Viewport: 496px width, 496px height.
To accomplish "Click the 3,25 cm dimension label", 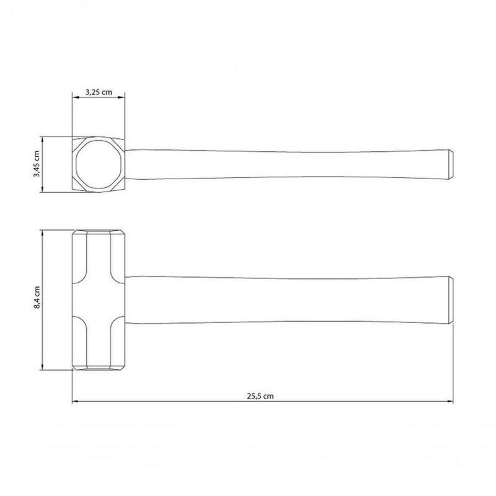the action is point(99,92).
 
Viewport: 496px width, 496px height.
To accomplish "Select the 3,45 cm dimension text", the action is point(37,164).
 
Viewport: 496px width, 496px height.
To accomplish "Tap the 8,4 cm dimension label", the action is point(37,298).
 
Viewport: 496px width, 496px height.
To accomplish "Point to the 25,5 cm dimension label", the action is point(260,396).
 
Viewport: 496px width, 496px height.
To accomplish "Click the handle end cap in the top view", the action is point(451,164).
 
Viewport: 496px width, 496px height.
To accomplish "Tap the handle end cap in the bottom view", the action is point(451,300).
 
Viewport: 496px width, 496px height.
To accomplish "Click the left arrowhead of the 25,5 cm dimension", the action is point(75,401).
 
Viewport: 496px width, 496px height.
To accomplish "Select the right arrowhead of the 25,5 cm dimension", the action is point(450,401).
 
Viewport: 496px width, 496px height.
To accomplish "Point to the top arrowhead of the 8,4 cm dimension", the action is point(42,234).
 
